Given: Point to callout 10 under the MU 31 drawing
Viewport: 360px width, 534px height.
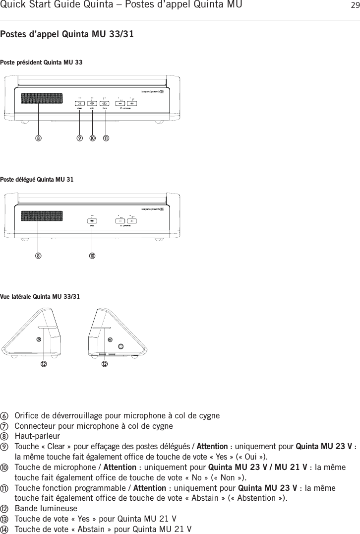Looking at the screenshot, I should tap(92, 256).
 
